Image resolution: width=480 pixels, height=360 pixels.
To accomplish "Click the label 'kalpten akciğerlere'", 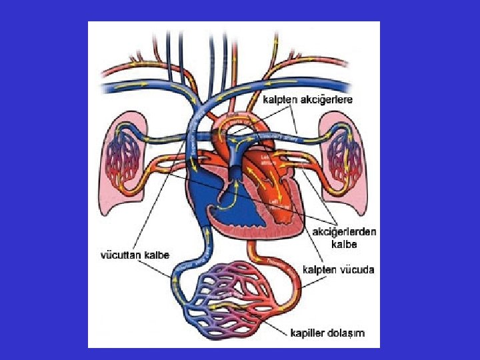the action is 307,99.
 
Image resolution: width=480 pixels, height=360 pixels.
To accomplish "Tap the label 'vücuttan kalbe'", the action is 135,255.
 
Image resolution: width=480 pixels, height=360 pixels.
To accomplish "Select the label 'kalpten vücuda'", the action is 338,270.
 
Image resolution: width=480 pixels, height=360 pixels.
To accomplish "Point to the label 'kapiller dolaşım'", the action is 327,332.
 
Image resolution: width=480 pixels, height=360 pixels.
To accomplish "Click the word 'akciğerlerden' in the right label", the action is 345,232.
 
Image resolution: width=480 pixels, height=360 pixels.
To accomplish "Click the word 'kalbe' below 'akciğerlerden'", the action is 345,244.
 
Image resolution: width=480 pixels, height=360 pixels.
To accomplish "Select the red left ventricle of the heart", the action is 273,200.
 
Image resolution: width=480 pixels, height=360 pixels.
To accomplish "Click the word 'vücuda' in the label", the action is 357,270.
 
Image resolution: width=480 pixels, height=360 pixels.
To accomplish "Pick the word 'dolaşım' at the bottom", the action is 345,332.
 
